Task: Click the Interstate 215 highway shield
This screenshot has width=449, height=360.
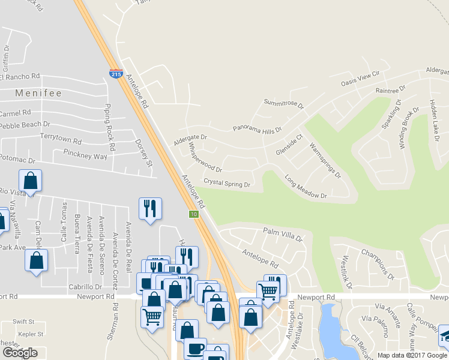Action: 116,74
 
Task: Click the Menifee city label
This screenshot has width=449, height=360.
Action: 39,94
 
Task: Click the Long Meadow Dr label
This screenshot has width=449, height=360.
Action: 306,187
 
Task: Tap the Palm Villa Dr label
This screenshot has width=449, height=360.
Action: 283,233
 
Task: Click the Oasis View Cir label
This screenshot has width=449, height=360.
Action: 361,78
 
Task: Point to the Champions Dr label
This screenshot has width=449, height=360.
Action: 376,262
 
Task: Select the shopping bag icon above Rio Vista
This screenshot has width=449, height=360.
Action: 30,180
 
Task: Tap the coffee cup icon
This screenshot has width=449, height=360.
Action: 194,348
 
